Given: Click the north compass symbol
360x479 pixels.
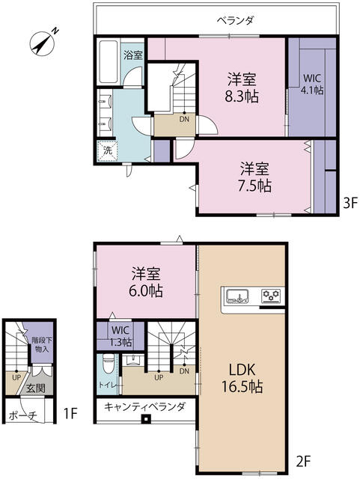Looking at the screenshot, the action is [43, 43].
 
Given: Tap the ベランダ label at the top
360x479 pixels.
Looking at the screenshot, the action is [236, 20].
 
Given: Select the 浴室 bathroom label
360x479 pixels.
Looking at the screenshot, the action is [133, 55].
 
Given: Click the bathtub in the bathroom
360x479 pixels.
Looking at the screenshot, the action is [109, 61].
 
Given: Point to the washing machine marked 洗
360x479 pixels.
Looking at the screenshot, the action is [107, 150].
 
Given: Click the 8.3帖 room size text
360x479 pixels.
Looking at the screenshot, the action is [242, 97].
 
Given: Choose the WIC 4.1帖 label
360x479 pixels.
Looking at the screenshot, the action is [312, 84].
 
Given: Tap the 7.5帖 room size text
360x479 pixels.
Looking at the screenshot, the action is [254, 186].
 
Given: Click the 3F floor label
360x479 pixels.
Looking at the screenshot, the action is [350, 203].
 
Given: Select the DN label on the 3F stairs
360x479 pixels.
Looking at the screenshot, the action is [184, 119].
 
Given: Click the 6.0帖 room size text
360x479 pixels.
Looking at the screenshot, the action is [146, 290].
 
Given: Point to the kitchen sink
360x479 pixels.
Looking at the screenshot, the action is [237, 296].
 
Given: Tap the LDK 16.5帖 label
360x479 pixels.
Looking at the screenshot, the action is [242, 378].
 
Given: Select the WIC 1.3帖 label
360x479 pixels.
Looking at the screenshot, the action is [120, 336].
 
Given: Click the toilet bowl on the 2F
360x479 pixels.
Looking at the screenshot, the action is [108, 364].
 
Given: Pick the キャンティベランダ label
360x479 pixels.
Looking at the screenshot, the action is [144, 407].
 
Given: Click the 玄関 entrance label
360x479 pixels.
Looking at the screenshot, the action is [35, 388].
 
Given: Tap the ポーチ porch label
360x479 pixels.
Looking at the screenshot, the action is [23, 415].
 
